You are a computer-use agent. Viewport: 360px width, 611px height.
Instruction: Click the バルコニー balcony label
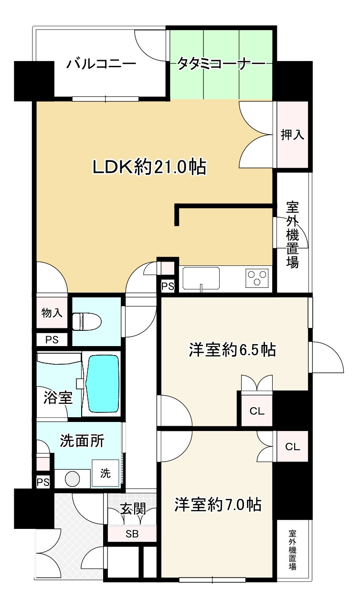(x=101, y=64)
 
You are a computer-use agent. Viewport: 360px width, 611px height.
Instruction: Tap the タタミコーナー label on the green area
(x=221, y=64)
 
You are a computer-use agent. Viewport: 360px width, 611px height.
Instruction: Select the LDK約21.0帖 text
(x=149, y=167)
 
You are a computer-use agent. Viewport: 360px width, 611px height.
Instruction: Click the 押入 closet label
(x=292, y=135)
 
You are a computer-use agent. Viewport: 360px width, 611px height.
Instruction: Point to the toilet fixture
(x=87, y=322)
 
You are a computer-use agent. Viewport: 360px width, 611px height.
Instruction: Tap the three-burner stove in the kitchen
(x=257, y=278)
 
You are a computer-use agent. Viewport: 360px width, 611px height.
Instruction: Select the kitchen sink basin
(x=201, y=278)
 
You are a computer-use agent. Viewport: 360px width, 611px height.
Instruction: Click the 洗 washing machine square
(x=105, y=473)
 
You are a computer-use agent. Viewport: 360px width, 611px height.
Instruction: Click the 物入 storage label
(x=52, y=313)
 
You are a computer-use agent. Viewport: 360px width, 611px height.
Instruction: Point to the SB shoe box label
(x=132, y=534)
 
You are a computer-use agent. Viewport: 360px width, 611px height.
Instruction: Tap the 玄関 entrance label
(x=133, y=509)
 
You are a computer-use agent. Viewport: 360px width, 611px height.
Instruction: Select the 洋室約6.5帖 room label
(x=233, y=349)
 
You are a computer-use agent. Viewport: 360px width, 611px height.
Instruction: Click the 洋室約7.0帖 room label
(x=218, y=505)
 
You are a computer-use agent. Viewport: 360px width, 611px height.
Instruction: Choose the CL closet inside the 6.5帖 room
(x=257, y=411)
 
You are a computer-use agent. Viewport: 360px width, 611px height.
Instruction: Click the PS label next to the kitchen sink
(x=168, y=286)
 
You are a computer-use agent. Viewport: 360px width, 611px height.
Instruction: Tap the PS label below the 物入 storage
(x=52, y=339)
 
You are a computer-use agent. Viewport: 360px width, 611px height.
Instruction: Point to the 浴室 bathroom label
(x=58, y=398)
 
